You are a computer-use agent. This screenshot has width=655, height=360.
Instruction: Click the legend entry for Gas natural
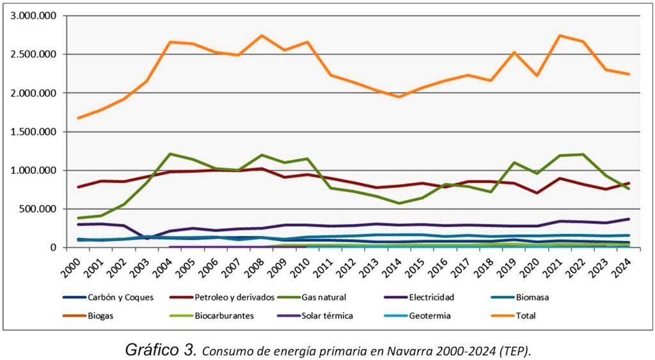point(323,297)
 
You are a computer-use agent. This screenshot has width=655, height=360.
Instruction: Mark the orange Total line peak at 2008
point(262,36)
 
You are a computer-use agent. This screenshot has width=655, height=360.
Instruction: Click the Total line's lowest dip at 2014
point(399,97)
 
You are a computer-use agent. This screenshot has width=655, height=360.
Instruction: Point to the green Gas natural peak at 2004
point(170,153)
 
